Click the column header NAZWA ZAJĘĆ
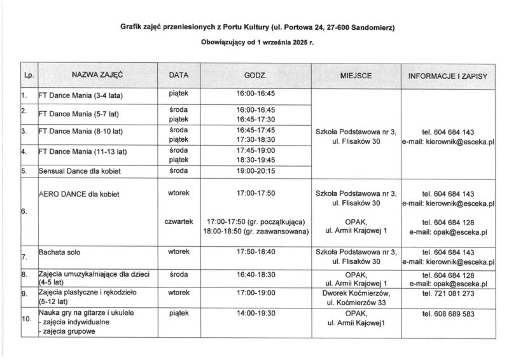tap(97, 75)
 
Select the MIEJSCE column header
tap(356, 76)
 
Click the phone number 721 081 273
tap(448, 294)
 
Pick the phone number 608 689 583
tap(448, 314)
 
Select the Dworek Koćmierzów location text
tap(356, 294)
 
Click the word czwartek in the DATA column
tap(179, 221)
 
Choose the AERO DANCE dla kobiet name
tap(80, 193)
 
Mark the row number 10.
tap(27, 319)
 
